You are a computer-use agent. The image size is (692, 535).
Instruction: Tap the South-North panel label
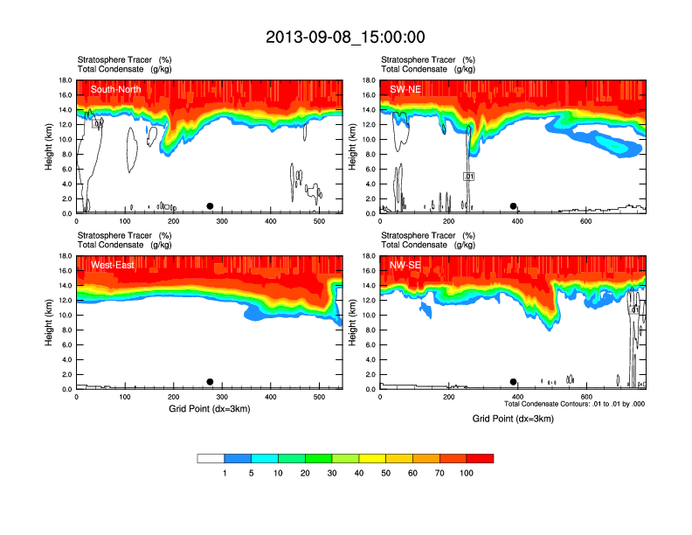[x=116, y=89]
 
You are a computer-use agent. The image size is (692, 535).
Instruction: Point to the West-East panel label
[x=113, y=265]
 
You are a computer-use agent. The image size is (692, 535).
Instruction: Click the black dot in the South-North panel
[x=210, y=206]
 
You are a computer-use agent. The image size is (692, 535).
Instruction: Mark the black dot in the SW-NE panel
[x=514, y=206]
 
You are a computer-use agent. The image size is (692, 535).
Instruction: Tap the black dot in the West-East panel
[x=210, y=382]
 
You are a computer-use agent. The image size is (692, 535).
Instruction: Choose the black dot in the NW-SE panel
[x=514, y=382]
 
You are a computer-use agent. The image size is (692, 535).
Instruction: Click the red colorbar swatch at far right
[x=481, y=458]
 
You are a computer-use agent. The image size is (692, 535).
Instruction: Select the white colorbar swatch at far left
[x=211, y=458]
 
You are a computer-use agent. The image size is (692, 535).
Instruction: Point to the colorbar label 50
[x=386, y=473]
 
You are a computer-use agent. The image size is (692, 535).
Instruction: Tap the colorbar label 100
[x=465, y=473]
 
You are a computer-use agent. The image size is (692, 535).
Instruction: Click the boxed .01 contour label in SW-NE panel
[x=468, y=177]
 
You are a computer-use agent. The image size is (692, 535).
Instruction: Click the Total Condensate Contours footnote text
[x=574, y=405]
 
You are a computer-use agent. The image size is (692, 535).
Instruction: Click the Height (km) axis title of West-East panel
[x=50, y=323]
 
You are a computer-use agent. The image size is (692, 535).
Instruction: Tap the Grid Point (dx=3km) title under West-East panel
[x=209, y=408]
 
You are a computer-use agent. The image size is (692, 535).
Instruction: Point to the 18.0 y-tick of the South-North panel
[x=66, y=80]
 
